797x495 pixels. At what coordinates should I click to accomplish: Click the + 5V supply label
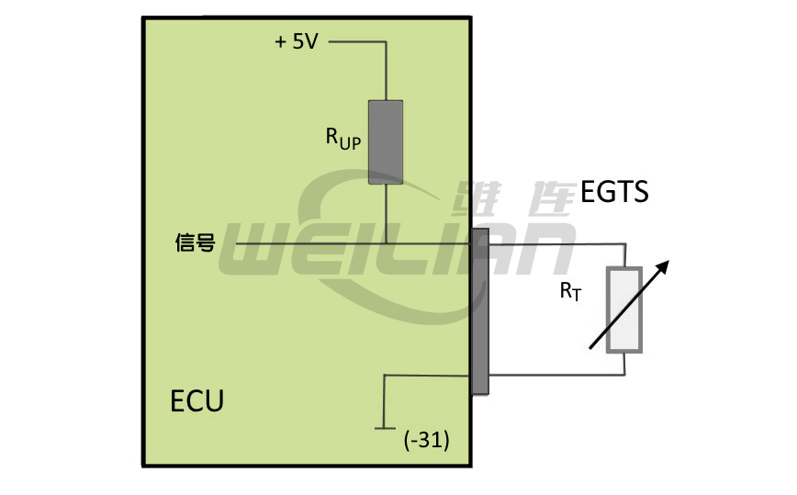(297, 42)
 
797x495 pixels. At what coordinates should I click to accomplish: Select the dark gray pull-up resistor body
(386, 141)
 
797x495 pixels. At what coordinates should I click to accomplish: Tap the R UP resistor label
(343, 138)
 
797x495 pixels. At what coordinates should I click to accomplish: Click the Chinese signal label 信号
(195, 243)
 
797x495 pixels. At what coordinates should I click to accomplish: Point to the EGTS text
(615, 192)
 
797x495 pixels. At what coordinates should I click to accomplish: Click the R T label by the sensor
(571, 292)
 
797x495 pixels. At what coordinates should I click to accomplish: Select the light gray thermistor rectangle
(625, 310)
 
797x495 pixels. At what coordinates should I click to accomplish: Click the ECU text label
(196, 401)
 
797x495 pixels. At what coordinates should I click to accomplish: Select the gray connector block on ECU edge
(480, 312)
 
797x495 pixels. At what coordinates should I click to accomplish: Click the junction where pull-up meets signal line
(386, 243)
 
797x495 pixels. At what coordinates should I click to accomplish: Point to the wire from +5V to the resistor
(358, 41)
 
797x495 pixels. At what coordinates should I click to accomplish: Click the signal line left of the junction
(303, 243)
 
